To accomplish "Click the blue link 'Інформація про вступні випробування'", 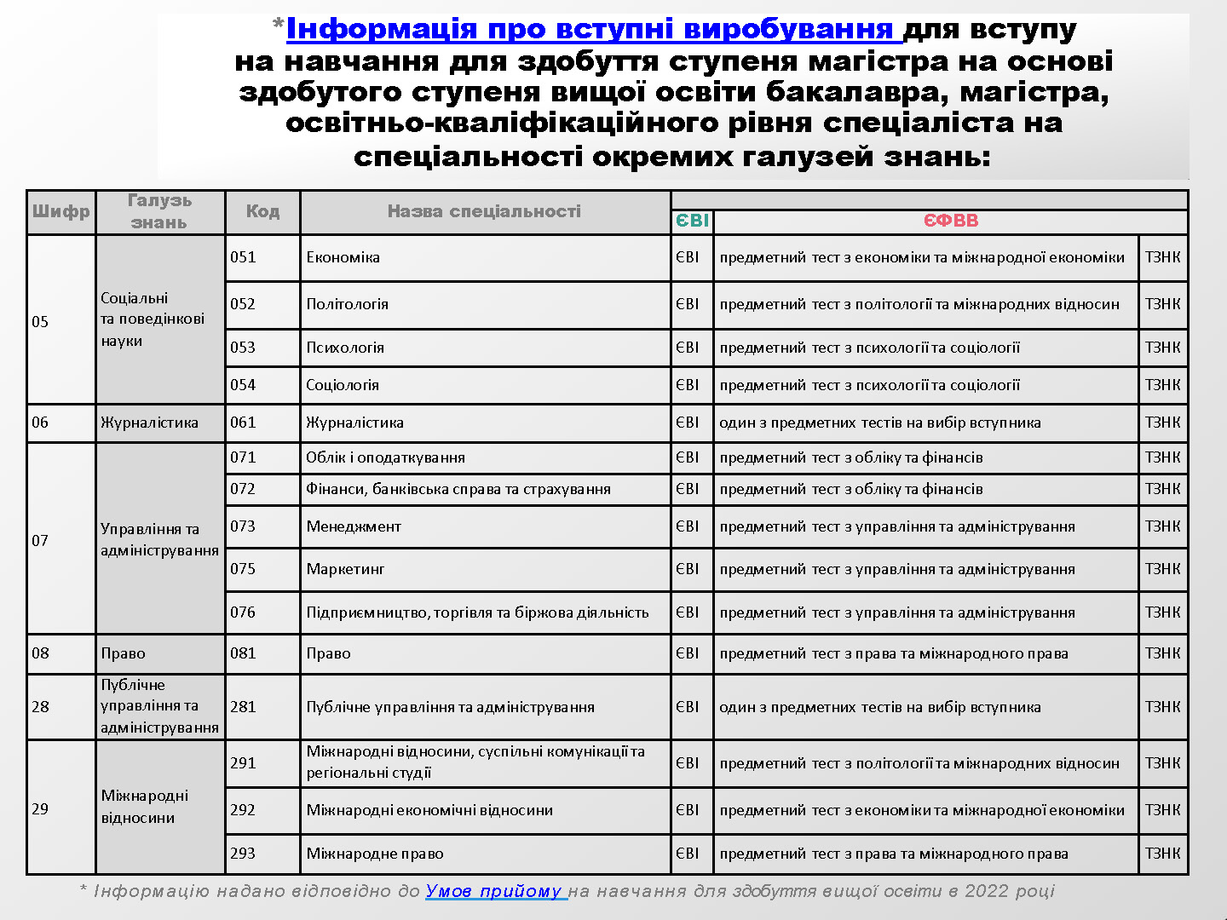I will click(593, 29).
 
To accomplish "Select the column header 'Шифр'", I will click(61, 211).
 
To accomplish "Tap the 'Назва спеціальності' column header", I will click(484, 211).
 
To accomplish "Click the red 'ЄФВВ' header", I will click(951, 221).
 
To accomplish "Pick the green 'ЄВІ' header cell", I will click(692, 221).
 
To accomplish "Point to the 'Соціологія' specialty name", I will click(343, 385).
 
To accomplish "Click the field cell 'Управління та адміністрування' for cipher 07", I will click(159, 539).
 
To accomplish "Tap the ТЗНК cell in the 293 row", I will click(1163, 854).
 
